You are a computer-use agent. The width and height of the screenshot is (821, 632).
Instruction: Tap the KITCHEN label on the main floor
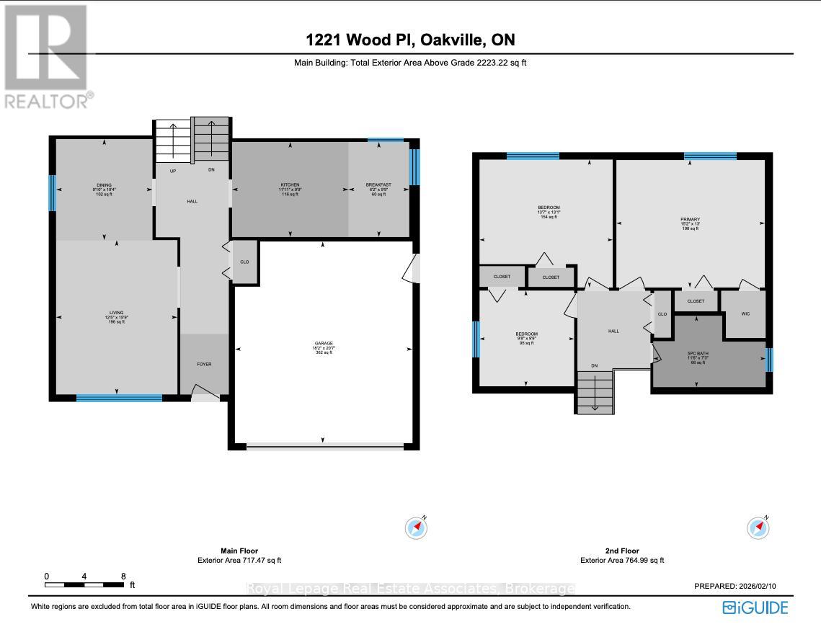click(290, 185)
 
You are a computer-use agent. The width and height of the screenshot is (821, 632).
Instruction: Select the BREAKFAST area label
click(379, 185)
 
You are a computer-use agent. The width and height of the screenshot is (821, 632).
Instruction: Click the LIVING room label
click(116, 313)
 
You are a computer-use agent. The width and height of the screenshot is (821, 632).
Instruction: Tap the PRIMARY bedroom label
click(690, 219)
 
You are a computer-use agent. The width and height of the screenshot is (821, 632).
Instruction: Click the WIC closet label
click(743, 313)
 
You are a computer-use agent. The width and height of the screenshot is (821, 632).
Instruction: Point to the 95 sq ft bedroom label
click(526, 334)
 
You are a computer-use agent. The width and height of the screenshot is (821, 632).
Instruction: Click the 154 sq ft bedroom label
click(549, 208)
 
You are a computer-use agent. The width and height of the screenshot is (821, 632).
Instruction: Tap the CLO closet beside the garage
click(244, 262)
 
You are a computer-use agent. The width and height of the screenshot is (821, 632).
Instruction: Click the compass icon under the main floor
click(417, 528)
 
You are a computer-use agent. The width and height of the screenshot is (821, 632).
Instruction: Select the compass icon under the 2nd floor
click(758, 528)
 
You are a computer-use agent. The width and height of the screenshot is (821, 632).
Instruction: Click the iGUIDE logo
click(755, 607)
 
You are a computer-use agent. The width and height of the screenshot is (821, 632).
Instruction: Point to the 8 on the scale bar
click(123, 577)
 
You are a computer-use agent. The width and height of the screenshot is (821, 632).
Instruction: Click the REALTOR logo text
click(48, 100)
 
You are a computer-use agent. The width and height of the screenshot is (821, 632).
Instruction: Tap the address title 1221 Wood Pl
click(410, 40)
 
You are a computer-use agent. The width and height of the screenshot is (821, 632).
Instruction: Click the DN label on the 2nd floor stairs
click(595, 366)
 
